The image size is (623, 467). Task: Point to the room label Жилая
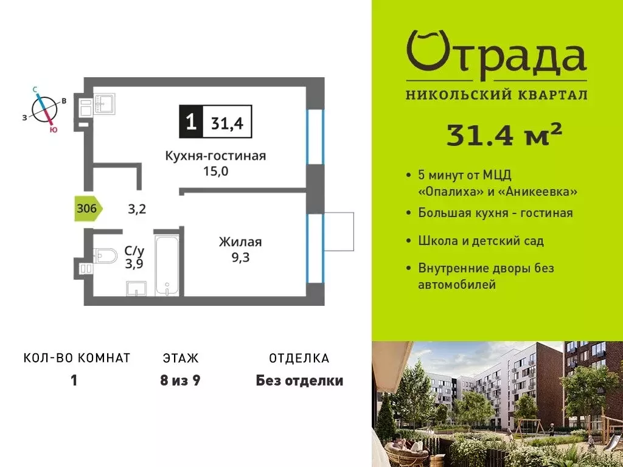(240, 242)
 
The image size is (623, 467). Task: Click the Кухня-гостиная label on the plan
(215, 156)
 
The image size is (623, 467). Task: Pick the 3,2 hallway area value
(136, 209)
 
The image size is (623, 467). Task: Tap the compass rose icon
(46, 109)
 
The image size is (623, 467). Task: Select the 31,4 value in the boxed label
(226, 123)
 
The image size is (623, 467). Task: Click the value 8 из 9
(181, 381)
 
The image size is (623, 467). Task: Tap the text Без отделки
(299, 381)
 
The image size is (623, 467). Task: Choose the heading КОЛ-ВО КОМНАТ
(77, 358)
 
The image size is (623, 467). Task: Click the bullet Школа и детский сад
(481, 241)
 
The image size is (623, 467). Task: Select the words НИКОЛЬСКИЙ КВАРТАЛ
(496, 95)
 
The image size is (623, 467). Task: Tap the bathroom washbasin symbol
(136, 288)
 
